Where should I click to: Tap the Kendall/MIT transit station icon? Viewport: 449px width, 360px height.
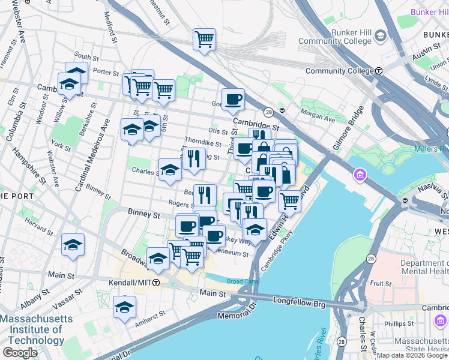pos(156,282)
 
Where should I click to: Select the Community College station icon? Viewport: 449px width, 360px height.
pos(379,71)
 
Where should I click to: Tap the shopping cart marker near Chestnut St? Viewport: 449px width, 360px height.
pos(204,40)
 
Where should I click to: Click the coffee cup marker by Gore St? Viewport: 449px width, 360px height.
pos(233,98)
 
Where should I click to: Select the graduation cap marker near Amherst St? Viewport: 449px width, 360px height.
pos(124,307)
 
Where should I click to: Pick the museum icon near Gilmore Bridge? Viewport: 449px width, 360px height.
pos(360,175)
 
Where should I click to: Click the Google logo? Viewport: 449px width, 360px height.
pos(20,353)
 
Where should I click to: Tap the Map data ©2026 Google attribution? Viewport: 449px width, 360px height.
pos(411,355)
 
